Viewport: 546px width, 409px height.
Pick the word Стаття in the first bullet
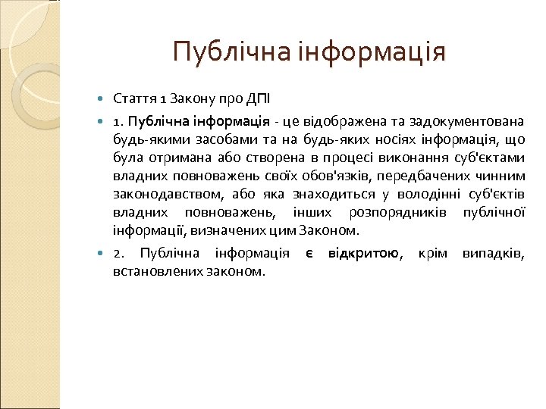134,99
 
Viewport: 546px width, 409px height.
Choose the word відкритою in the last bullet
363,252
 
